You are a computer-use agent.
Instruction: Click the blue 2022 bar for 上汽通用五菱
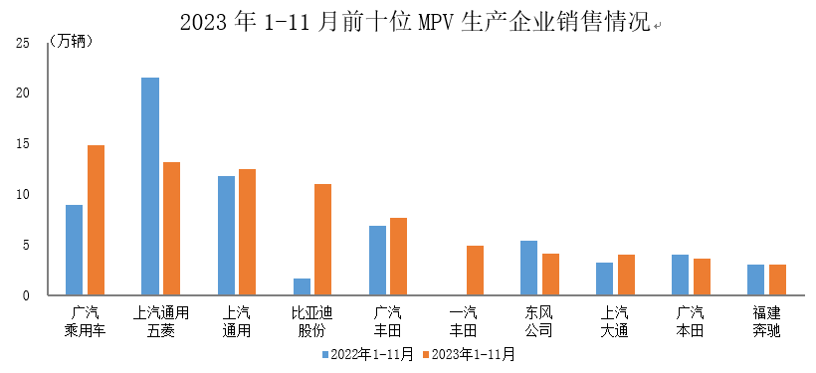(150, 186)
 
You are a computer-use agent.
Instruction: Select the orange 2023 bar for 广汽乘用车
(96, 220)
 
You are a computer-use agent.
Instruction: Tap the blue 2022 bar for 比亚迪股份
(302, 286)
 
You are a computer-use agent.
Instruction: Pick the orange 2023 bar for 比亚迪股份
(322, 240)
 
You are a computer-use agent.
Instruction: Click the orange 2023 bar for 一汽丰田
(475, 271)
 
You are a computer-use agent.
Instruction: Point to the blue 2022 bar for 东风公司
(528, 268)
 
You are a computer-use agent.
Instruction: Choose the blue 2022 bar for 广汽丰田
(377, 261)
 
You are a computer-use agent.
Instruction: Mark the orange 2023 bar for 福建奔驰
(777, 280)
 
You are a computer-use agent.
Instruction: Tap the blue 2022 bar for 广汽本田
(680, 275)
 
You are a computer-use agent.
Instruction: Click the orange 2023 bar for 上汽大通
(626, 275)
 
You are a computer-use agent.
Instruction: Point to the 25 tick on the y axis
(23, 43)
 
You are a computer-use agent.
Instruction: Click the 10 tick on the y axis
(23, 194)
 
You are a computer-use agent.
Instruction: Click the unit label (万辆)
(69, 42)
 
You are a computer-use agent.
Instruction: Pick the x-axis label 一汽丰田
(464, 321)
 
